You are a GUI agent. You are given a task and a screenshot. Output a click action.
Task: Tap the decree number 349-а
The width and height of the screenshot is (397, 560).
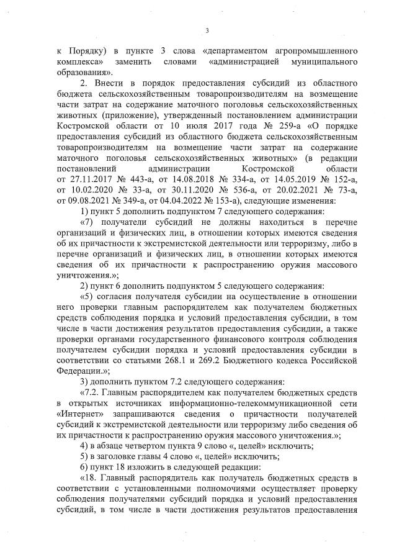click(x=138, y=201)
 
